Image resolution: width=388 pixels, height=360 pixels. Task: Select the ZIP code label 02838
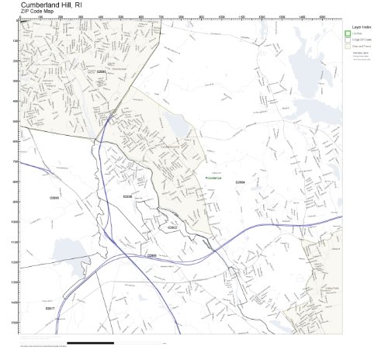pyautogui.click(x=128, y=197)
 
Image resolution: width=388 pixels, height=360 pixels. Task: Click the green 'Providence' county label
pyautogui.click(x=213, y=178)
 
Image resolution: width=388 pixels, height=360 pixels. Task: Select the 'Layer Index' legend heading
pyautogui.click(x=361, y=26)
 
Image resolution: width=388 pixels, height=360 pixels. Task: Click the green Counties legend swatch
pyautogui.click(x=347, y=33)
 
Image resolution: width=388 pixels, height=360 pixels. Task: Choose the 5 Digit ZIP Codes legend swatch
pyautogui.click(x=347, y=40)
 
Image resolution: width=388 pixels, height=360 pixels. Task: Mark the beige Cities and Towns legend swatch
pyautogui.click(x=347, y=46)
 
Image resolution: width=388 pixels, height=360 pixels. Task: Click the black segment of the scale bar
pyautogui.click(x=90, y=342)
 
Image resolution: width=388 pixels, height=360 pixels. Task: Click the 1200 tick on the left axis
pyautogui.click(x=16, y=262)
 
